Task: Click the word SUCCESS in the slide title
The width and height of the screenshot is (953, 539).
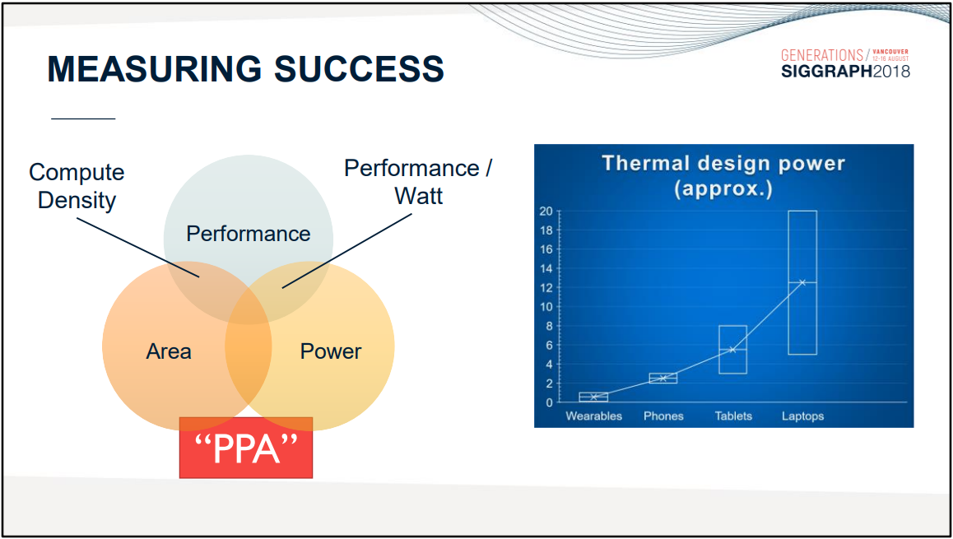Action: [x=359, y=68]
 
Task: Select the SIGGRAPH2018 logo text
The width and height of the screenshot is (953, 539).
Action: [x=845, y=71]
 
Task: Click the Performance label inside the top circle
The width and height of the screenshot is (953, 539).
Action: [x=248, y=234]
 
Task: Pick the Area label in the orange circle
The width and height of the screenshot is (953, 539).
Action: [x=169, y=351]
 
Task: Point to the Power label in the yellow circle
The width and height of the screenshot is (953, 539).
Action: [x=331, y=351]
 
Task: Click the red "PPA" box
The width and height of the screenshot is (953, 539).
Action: [x=245, y=448]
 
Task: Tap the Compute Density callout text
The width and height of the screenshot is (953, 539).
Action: [x=77, y=186]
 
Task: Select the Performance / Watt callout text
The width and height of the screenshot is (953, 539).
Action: [x=418, y=182]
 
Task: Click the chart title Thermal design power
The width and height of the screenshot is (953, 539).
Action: [x=723, y=164]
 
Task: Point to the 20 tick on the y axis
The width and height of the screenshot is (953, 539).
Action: [x=546, y=211]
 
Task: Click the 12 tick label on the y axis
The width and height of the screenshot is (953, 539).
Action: [x=546, y=287]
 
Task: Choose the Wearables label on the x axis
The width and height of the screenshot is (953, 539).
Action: [x=594, y=416]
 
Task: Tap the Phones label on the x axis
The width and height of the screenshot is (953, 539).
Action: [x=663, y=416]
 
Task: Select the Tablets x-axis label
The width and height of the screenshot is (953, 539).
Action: [x=733, y=416]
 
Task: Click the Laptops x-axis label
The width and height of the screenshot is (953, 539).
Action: [x=802, y=416]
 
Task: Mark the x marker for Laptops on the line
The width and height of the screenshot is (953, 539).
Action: [x=802, y=282]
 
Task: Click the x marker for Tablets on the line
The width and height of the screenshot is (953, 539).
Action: [x=732, y=350]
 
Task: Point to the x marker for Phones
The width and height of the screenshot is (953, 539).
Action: [x=663, y=378]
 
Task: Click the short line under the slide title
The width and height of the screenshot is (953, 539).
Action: [x=83, y=118]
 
